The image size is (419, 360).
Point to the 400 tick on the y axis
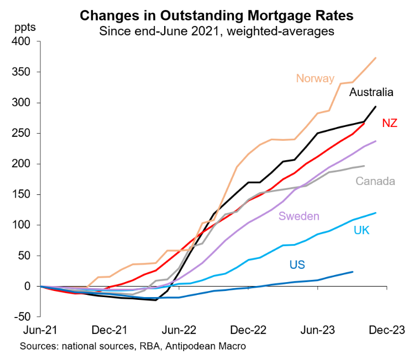click(25, 42)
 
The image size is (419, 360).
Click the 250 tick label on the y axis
click(25, 134)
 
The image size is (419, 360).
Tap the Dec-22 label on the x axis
click(248, 330)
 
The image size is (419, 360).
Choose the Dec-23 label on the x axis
click(386, 330)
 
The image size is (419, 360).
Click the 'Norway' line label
click(315, 78)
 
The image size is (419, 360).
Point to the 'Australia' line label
click(371, 92)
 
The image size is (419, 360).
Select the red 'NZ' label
click(389, 123)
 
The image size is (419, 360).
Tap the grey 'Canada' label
click(375, 181)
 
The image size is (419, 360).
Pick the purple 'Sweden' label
click(299, 216)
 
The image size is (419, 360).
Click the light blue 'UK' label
click(362, 230)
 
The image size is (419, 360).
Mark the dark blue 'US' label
click(297, 264)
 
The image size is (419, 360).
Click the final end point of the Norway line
click(376, 57)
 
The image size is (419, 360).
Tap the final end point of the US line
click(353, 272)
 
